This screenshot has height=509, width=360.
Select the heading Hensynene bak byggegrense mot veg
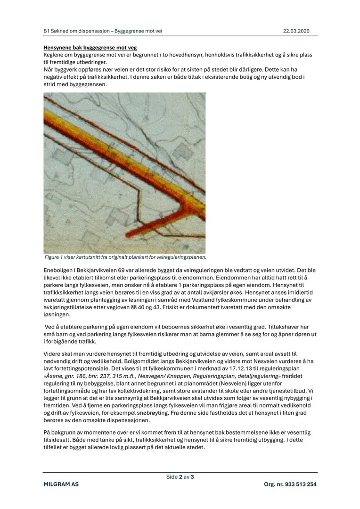(x=90, y=48)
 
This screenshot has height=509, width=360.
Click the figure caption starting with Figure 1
(x=125, y=257)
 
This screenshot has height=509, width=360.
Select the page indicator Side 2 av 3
(x=180, y=476)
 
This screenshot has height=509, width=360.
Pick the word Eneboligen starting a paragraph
(x=58, y=271)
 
